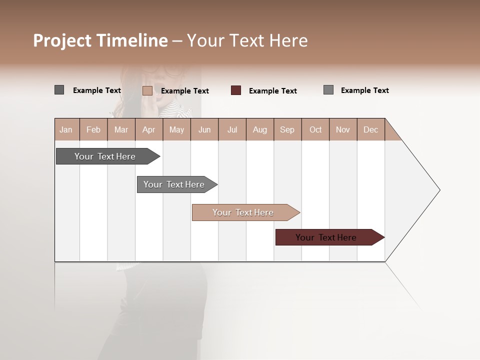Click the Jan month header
66,129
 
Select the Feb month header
93,129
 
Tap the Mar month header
121,129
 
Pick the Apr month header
149,129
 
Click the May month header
176,129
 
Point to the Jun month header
204,129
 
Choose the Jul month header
232,129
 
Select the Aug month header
260,129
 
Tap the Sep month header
287,129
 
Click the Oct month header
315,129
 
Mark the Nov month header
343,129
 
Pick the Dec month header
371,129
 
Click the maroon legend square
236,90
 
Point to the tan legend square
147,90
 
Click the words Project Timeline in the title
100,40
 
